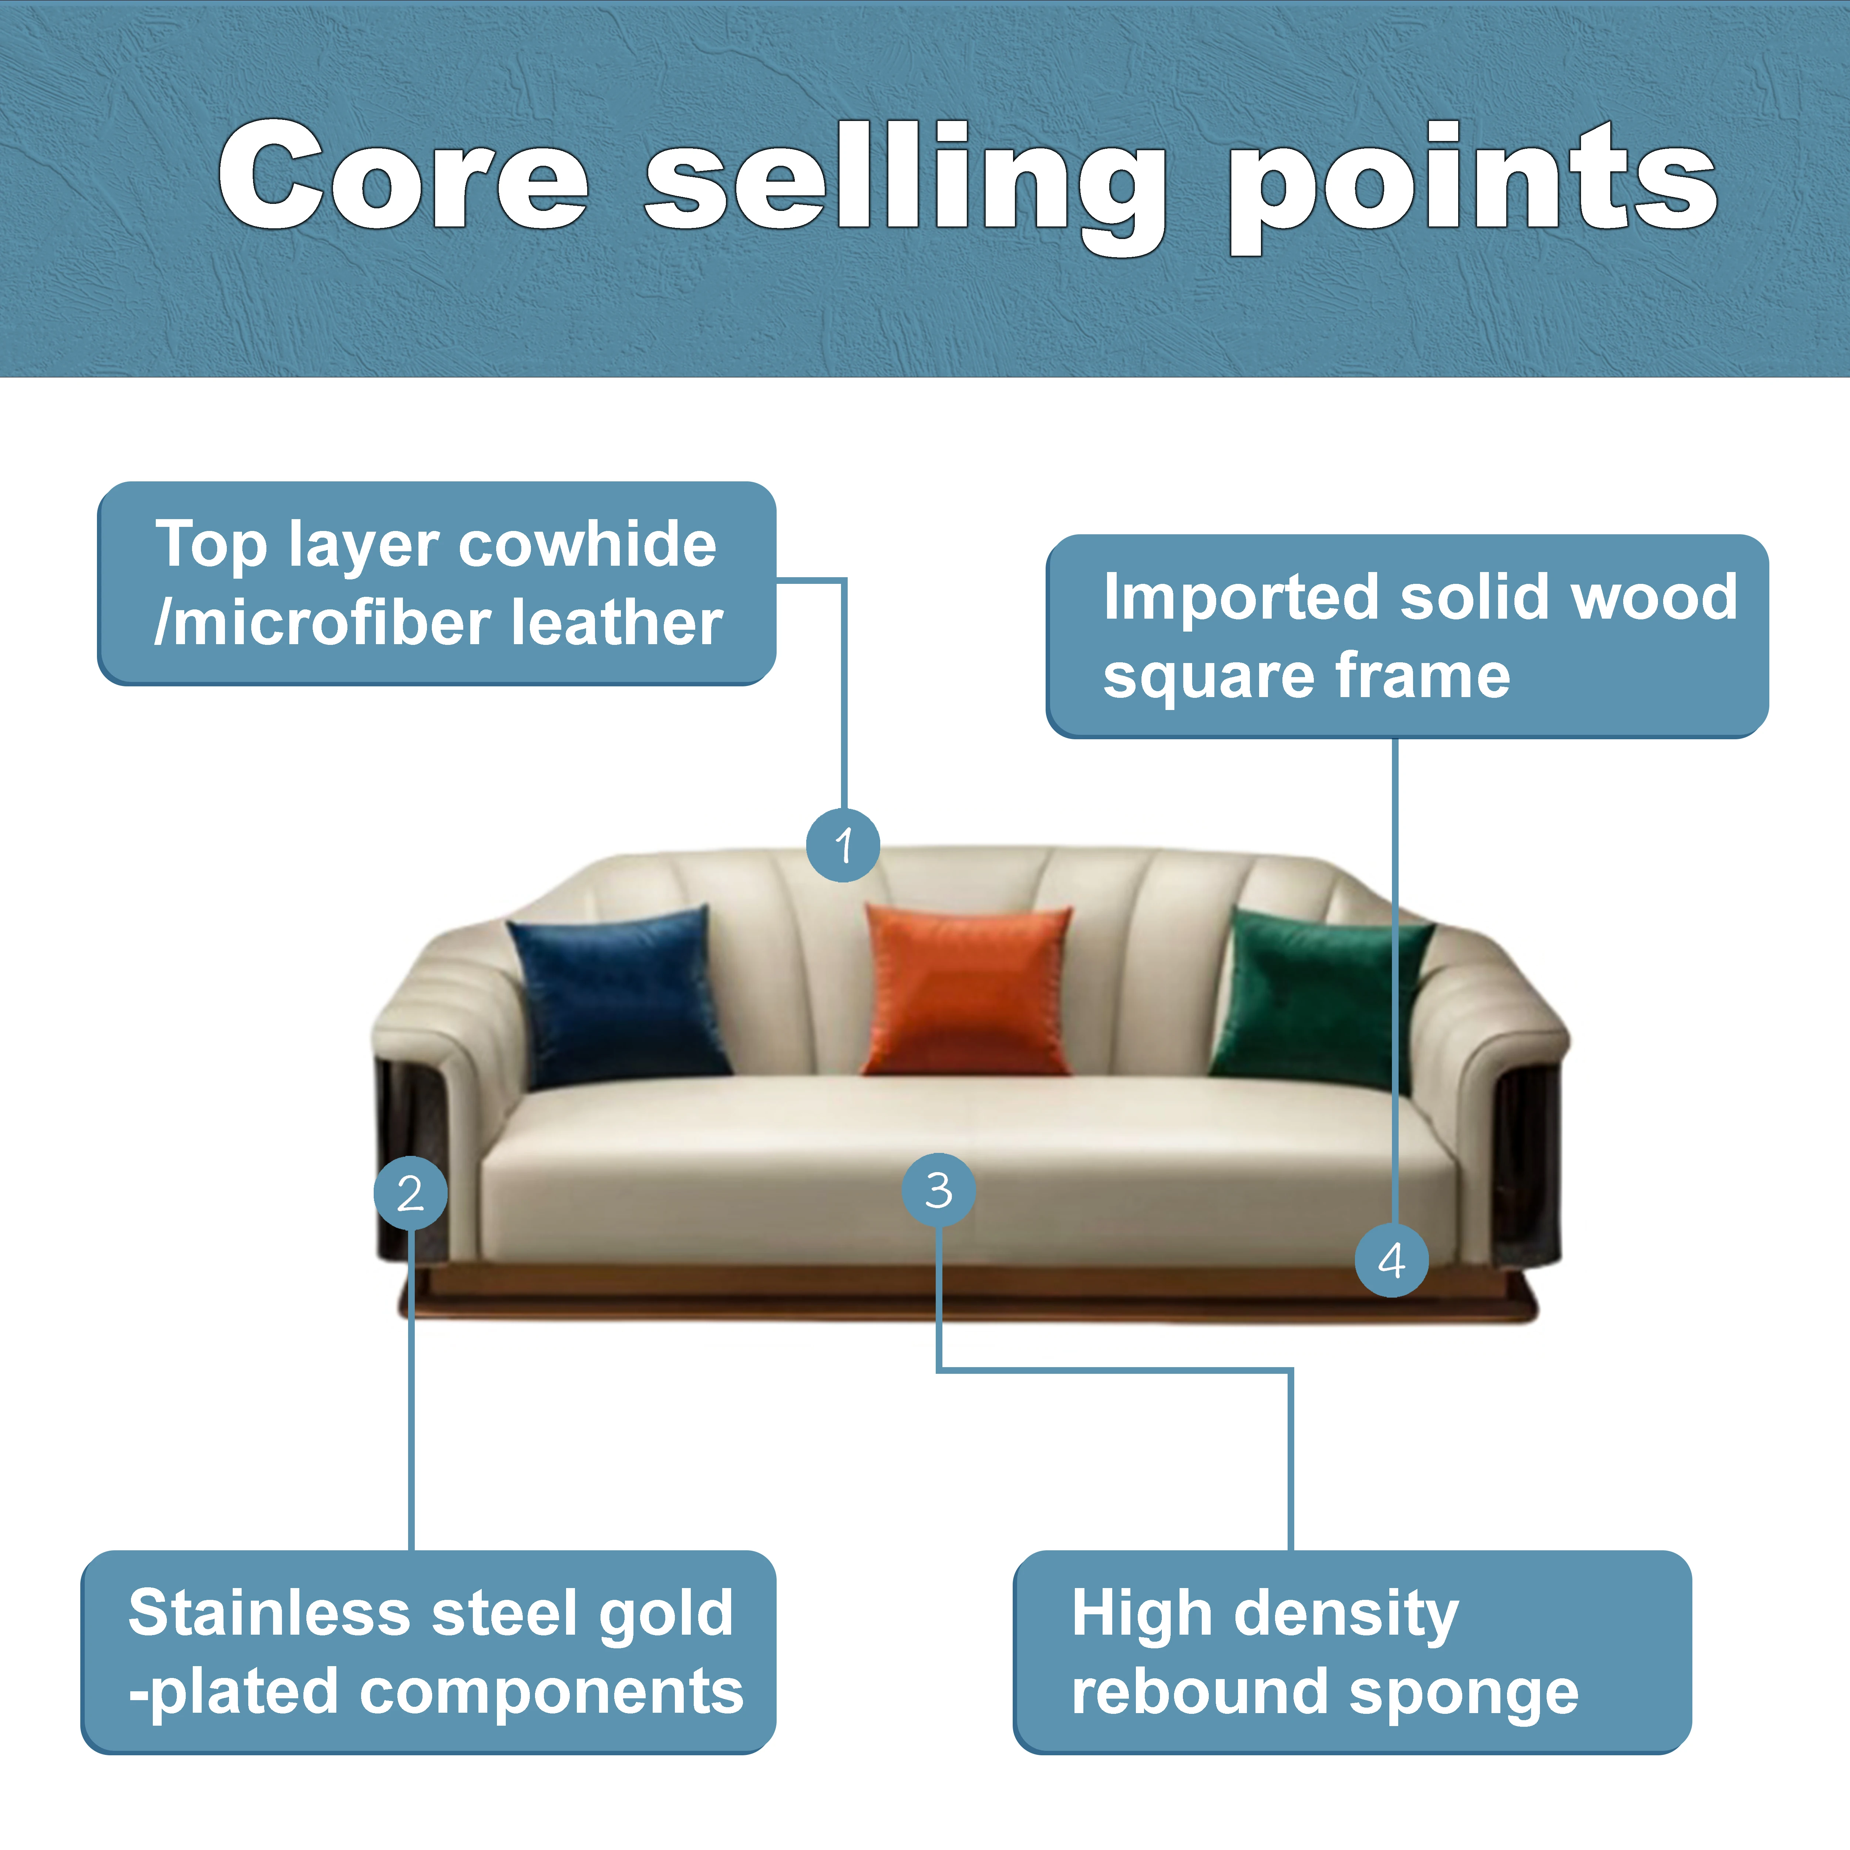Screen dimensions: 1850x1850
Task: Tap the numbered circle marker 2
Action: pos(410,1192)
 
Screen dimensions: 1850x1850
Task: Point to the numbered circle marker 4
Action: pos(1391,1260)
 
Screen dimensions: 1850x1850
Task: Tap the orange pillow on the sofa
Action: pos(967,989)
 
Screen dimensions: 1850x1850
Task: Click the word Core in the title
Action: pos(402,177)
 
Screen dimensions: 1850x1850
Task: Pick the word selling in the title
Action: pos(905,182)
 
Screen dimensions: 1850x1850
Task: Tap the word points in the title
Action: pos(1472,182)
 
